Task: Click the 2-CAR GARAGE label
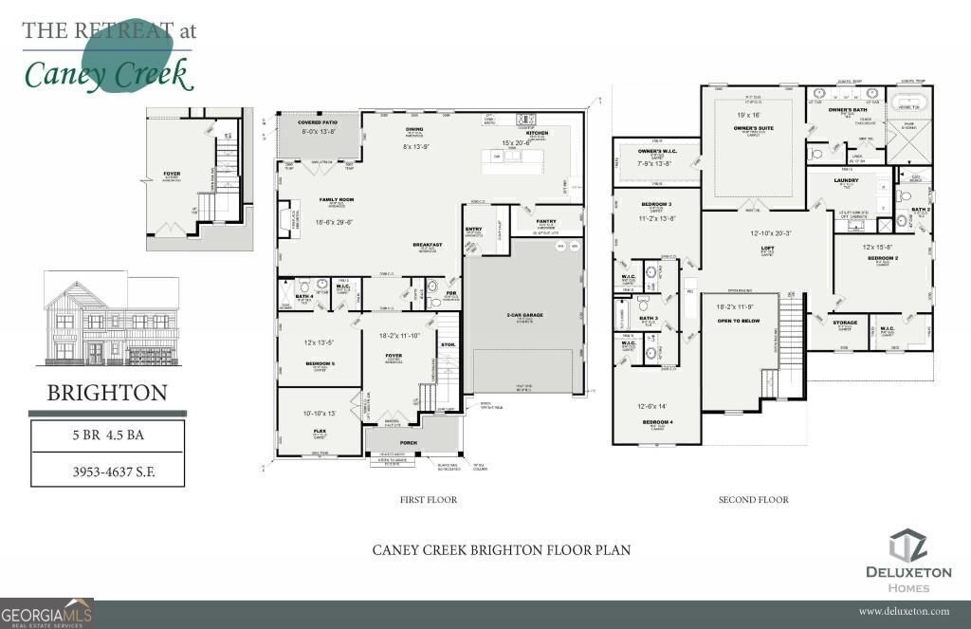pos(522,315)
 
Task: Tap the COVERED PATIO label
pos(318,123)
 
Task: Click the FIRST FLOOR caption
pos(429,499)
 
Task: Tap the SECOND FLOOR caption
pos(754,499)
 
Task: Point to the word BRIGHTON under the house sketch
pos(107,392)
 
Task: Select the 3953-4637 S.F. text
pos(107,469)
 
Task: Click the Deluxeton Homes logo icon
pos(907,547)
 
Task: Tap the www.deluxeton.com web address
pos(905,612)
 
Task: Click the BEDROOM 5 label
pos(319,363)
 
